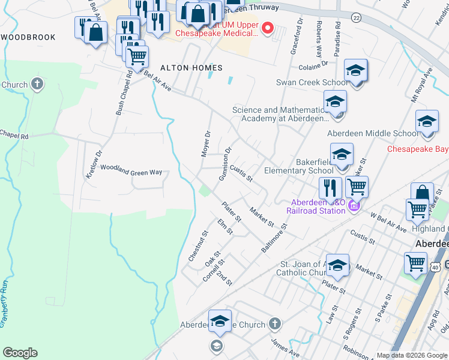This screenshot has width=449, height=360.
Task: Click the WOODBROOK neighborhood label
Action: click(x=28, y=37)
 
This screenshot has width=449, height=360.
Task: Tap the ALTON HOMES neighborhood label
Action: click(x=191, y=68)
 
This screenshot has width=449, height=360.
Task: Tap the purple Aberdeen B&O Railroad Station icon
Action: click(x=354, y=206)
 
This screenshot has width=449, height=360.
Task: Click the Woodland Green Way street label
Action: click(x=131, y=172)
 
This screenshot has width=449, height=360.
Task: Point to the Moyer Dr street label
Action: click(x=206, y=144)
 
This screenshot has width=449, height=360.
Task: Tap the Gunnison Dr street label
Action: click(x=226, y=164)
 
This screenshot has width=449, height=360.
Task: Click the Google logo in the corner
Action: click(x=20, y=353)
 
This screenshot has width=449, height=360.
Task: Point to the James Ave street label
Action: click(x=285, y=348)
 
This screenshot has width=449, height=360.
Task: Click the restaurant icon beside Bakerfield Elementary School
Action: click(x=330, y=188)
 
